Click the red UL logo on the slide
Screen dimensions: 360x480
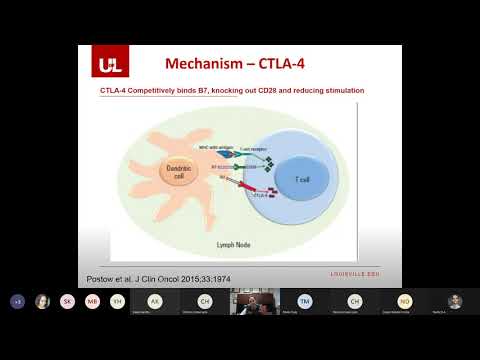[109, 65]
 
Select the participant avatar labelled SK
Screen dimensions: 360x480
[67, 301]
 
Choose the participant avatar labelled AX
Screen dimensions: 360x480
[155, 301]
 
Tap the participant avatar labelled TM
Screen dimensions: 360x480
[305, 301]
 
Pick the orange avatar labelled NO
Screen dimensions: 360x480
[405, 301]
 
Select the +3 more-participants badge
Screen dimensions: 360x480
[18, 301]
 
